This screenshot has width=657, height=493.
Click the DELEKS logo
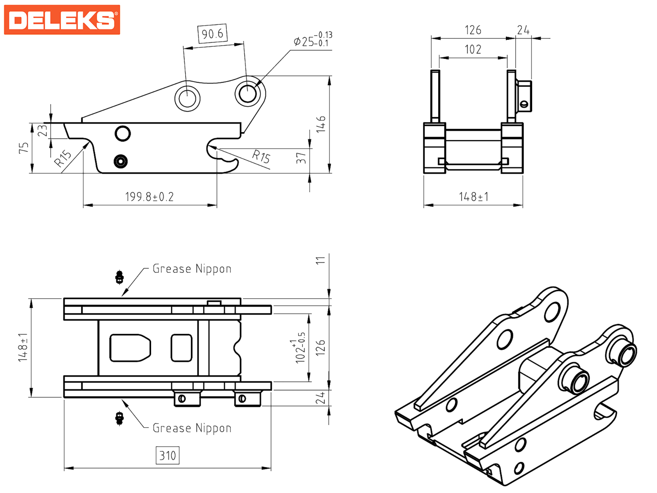62,20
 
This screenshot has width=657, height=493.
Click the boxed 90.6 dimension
212,33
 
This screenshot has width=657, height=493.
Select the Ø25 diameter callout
312,40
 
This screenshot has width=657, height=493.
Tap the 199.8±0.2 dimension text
149,197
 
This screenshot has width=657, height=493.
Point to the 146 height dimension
321,124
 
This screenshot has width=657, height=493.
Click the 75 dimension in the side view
24,148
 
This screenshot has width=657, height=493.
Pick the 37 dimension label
301,158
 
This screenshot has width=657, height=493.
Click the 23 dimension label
43,131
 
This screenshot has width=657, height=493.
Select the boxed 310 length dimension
168,456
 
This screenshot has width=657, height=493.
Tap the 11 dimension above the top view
321,260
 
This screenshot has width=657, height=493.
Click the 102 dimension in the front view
473,50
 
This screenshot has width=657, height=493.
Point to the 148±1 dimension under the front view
473,197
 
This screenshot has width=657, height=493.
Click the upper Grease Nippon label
192,269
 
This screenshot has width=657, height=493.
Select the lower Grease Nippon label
192,428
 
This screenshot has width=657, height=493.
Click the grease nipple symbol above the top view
119,277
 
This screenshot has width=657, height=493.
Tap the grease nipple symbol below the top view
119,418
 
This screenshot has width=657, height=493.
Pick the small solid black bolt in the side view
120,161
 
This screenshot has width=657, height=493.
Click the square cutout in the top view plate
181,348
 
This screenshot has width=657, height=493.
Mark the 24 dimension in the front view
523,30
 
